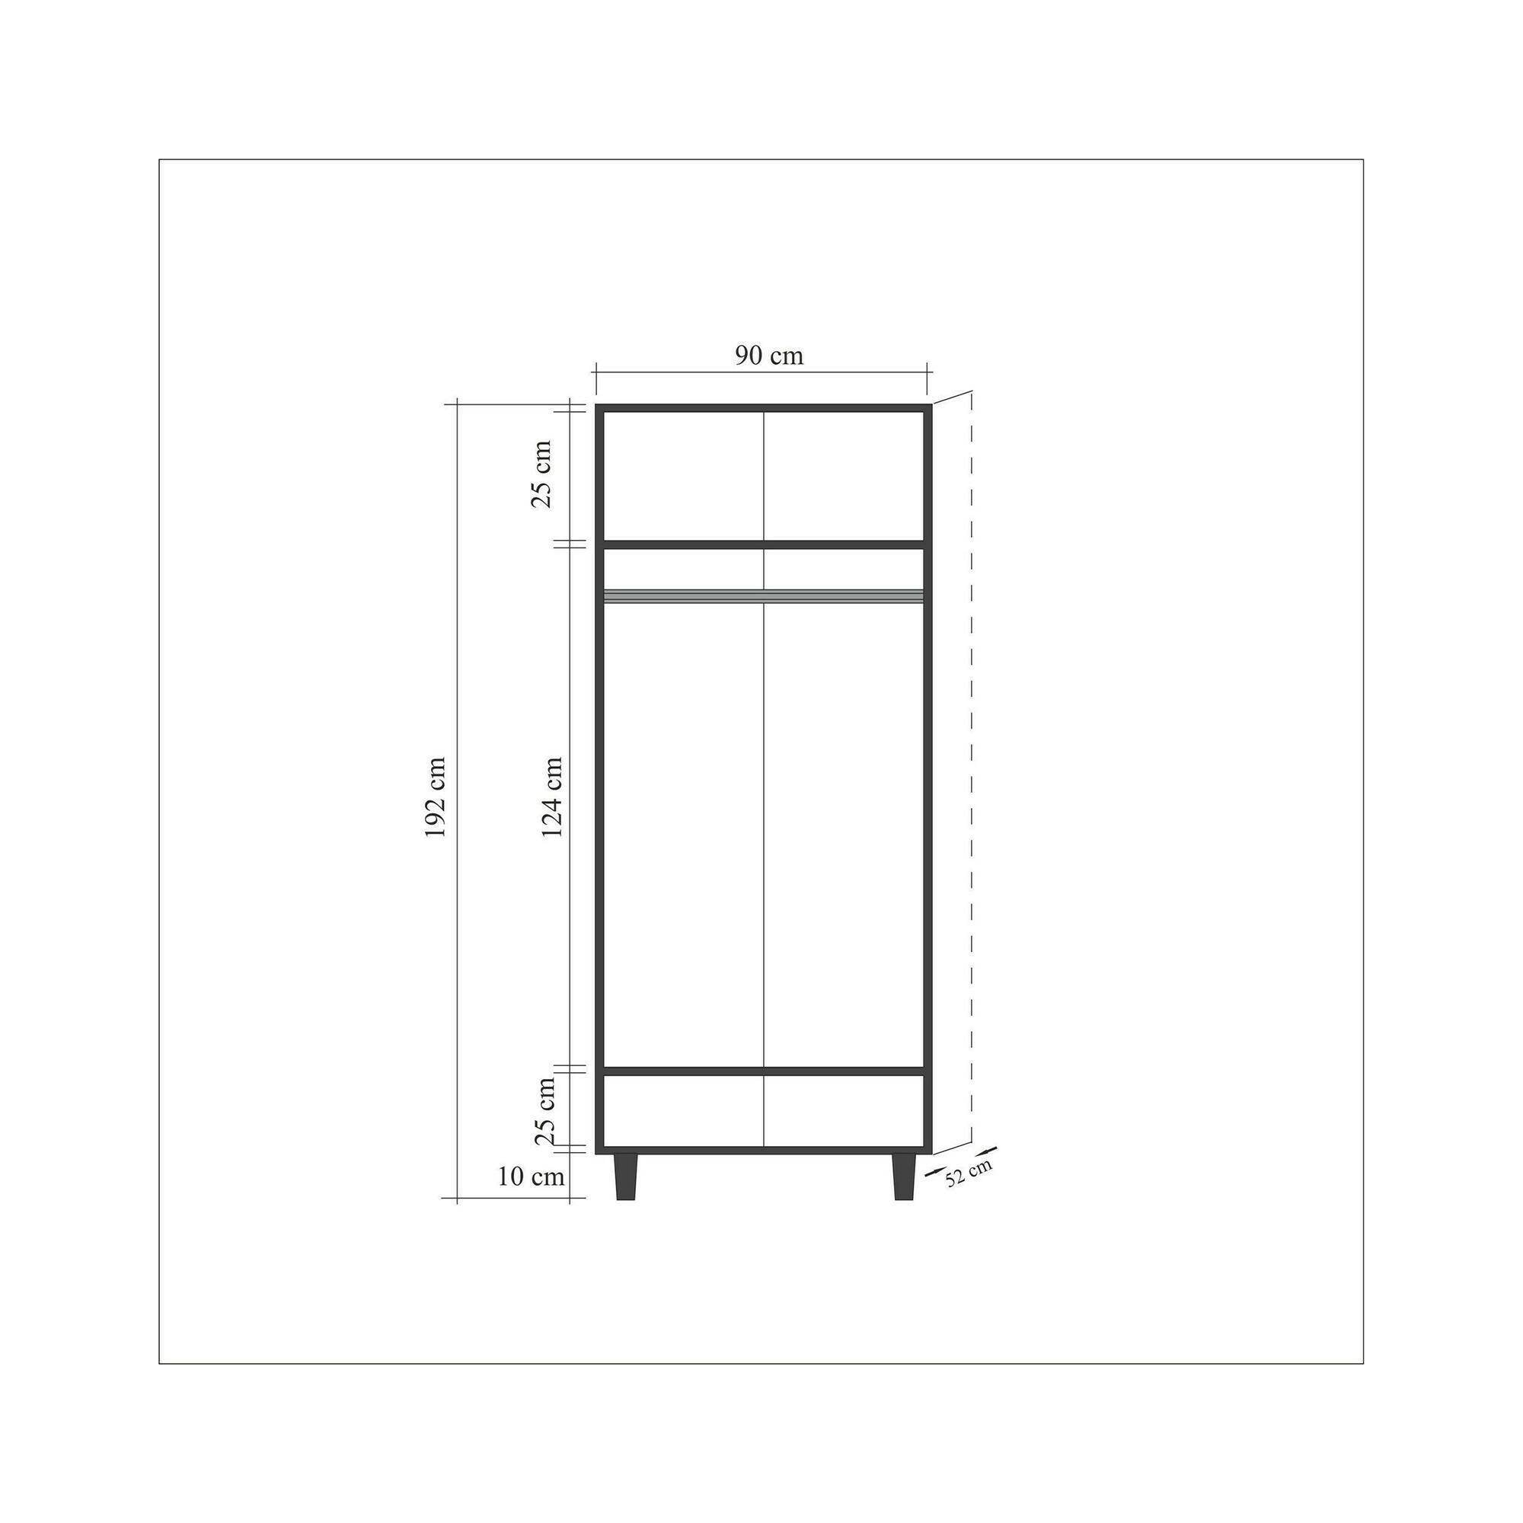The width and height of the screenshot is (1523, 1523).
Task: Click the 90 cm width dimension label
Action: (769, 356)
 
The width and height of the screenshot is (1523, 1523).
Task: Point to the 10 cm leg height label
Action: (532, 1199)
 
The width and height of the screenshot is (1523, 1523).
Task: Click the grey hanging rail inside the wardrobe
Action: (763, 596)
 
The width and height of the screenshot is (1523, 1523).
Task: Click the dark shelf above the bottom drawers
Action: (763, 1071)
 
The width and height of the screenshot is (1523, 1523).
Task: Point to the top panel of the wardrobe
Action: (763, 407)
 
